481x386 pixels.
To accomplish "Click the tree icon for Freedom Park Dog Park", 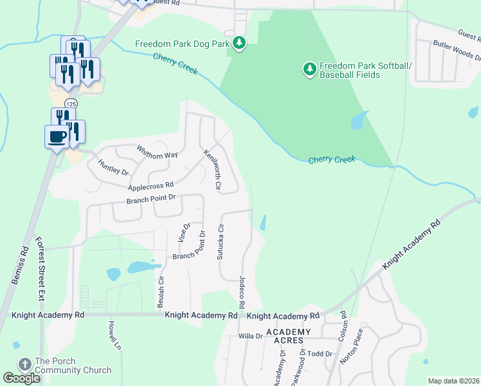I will point(239,43).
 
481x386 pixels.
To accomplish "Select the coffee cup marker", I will point(57,136).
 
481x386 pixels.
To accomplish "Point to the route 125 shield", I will point(70,104).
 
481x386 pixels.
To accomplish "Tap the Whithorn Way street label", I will point(157,151).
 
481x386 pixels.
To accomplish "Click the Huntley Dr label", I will point(114,168).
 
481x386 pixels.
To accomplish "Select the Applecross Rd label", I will point(151,186).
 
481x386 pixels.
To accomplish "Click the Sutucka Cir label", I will point(221,241).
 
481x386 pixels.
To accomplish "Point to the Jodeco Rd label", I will point(242,291).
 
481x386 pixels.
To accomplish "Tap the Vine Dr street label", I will point(183,232).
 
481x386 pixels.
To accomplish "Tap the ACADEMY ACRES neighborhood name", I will point(289,336).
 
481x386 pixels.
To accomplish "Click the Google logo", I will point(21,378).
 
